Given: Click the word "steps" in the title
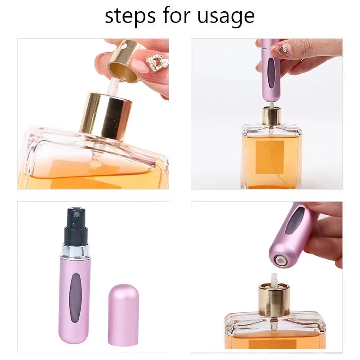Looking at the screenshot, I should [x=128, y=17].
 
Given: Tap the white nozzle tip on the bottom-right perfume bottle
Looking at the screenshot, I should [x=276, y=277].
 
